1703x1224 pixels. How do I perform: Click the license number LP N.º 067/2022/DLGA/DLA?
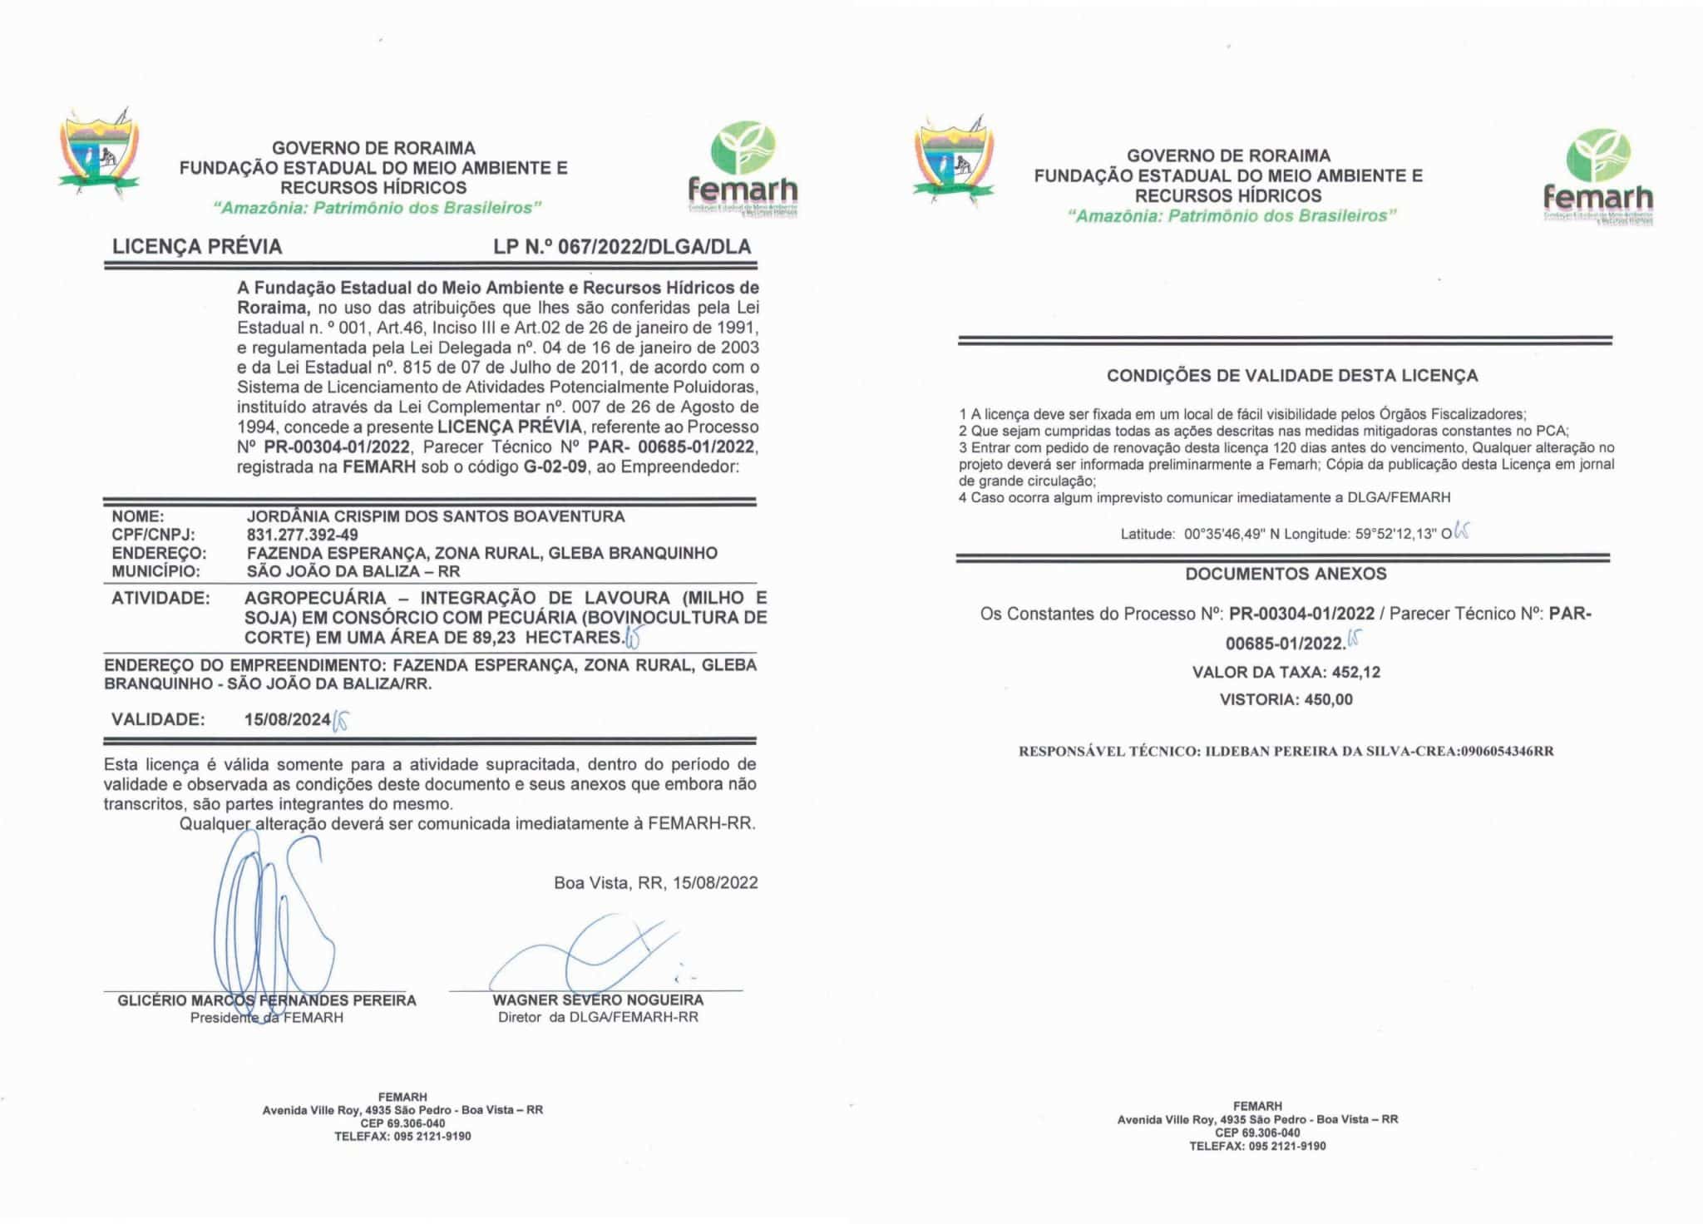(x=622, y=247)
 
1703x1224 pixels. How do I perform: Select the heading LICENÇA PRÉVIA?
(x=197, y=247)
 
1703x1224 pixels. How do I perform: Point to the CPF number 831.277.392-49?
(x=302, y=535)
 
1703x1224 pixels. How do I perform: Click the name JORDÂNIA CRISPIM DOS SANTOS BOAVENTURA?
(x=436, y=516)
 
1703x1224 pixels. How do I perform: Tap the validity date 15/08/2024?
(x=288, y=719)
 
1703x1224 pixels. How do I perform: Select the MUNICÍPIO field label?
(x=156, y=571)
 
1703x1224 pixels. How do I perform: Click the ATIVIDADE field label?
(x=160, y=598)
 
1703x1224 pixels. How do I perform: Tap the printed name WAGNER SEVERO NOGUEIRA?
(x=598, y=1000)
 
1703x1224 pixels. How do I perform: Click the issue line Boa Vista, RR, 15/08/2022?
(x=656, y=883)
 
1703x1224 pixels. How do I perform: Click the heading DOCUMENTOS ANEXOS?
(x=1286, y=574)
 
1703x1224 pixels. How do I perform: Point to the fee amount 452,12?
(x=1356, y=672)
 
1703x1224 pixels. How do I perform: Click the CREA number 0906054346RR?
(x=1507, y=752)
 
